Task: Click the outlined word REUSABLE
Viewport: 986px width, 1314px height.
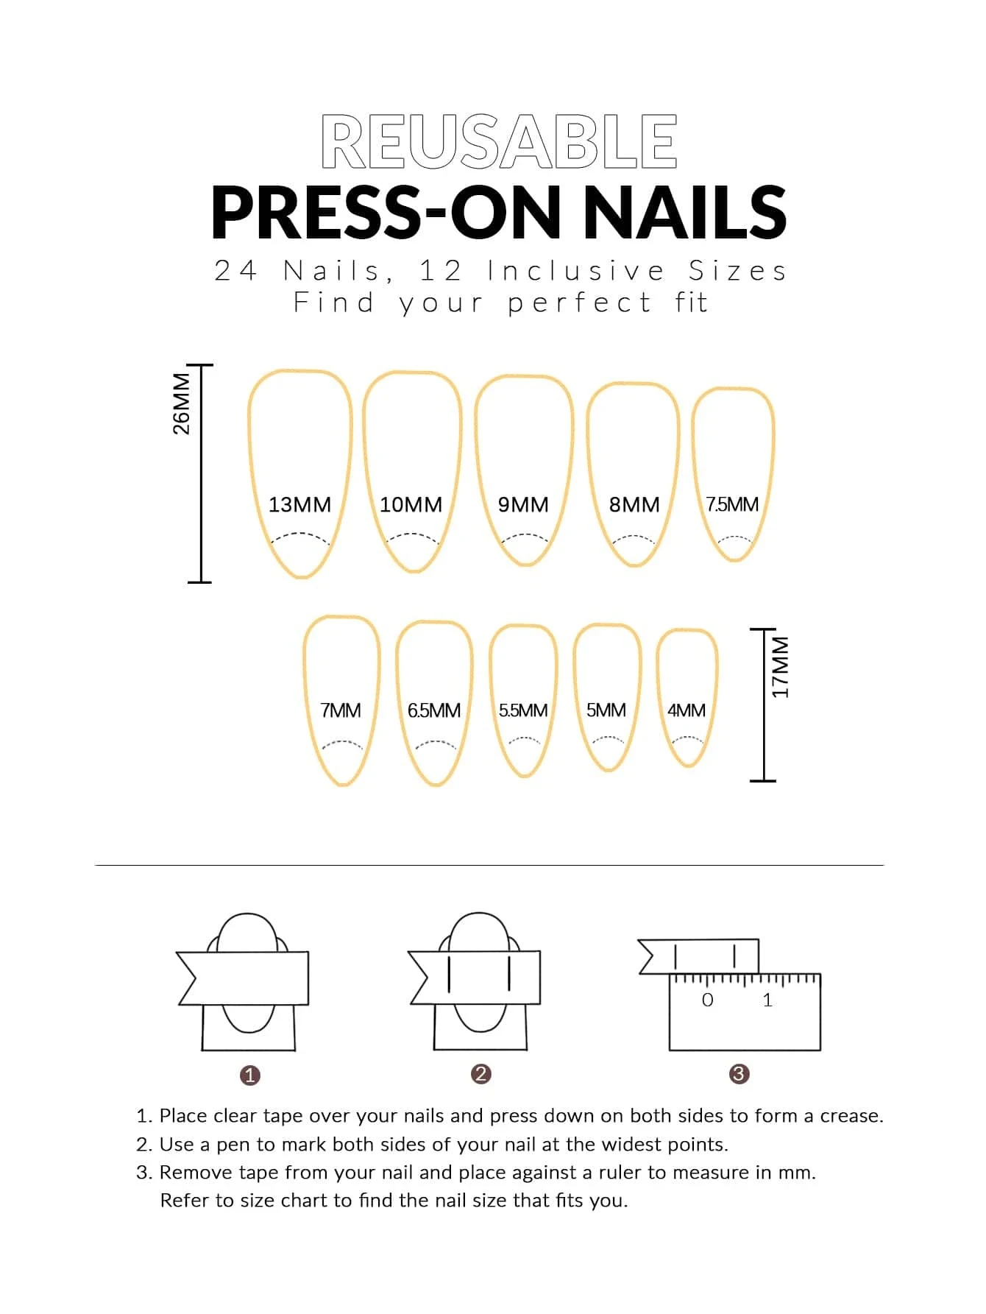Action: click(x=499, y=141)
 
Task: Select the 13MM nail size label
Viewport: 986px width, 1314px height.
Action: click(x=299, y=505)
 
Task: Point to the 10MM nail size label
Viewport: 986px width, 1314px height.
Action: click(x=411, y=505)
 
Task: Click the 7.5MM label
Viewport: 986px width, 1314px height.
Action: click(x=732, y=505)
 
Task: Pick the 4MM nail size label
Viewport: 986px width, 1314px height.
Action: click(x=686, y=711)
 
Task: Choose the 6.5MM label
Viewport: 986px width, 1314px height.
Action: click(x=434, y=711)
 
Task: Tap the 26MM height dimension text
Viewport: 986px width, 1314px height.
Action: click(x=181, y=403)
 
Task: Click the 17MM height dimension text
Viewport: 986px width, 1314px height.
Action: click(x=780, y=667)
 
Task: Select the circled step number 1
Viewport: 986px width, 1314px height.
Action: click(x=250, y=1075)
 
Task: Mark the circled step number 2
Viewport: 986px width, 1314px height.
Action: click(x=480, y=1074)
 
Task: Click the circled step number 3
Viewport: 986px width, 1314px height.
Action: click(x=739, y=1074)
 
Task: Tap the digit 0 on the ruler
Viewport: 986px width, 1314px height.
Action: click(x=707, y=1000)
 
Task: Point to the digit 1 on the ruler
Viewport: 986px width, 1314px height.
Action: click(x=767, y=1000)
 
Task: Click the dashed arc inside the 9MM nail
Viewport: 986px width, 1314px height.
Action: click(x=524, y=537)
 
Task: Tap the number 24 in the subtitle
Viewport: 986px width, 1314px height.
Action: click(x=235, y=271)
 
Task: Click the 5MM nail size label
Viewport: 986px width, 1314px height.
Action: click(x=606, y=711)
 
